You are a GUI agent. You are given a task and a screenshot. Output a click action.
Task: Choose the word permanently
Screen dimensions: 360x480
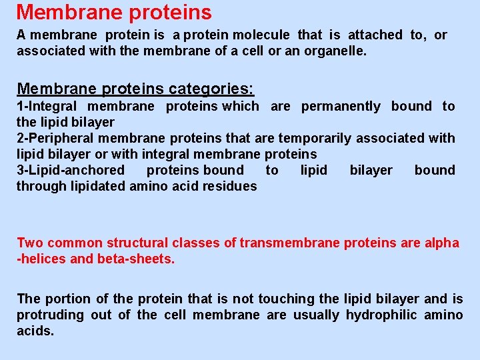[x=341, y=106]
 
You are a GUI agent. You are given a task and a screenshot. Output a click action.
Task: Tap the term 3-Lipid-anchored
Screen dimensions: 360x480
[x=70, y=170]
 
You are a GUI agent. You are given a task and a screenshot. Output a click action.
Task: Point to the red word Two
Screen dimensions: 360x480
[x=30, y=243]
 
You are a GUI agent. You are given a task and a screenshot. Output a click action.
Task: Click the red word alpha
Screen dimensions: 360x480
[x=441, y=243]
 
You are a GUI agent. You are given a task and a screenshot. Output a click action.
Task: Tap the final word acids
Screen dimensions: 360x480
[x=35, y=331]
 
